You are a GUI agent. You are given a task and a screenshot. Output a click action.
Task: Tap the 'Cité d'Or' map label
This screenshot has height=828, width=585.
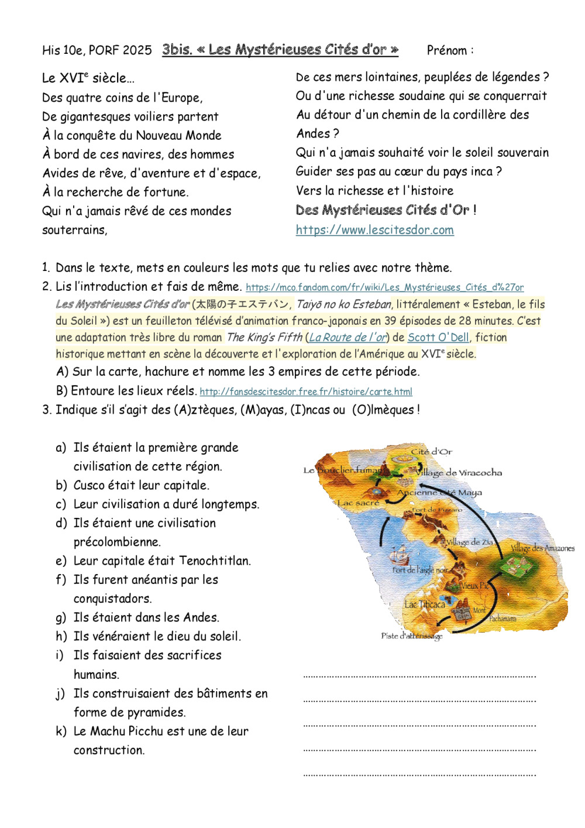point(431,451)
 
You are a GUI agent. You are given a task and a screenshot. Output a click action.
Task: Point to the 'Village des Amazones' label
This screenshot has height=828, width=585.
point(542,548)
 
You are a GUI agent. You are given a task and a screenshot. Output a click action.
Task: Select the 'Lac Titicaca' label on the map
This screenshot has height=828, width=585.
point(425,604)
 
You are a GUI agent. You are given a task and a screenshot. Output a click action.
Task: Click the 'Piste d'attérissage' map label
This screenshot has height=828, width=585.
point(412,636)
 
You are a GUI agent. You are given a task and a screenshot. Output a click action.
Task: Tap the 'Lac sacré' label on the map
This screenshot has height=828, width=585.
point(358,503)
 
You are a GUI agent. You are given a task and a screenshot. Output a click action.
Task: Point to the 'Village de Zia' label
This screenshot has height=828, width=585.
point(470,542)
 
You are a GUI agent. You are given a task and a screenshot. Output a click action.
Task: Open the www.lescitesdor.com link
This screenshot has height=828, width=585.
point(374,230)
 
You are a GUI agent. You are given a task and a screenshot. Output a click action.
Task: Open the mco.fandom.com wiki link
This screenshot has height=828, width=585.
point(384,287)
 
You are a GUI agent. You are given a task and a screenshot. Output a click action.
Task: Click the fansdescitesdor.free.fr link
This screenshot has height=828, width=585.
point(306,391)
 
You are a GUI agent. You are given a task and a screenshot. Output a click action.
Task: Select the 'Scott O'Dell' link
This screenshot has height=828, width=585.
point(438,337)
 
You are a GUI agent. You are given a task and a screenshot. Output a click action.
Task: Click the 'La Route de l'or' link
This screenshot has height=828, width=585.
point(347,337)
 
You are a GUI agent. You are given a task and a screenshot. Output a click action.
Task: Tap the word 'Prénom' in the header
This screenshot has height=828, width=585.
point(447,50)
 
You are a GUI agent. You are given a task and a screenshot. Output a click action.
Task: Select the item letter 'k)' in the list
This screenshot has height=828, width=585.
point(61,731)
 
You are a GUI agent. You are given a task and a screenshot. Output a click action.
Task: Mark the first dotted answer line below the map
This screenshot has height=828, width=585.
point(419,676)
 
